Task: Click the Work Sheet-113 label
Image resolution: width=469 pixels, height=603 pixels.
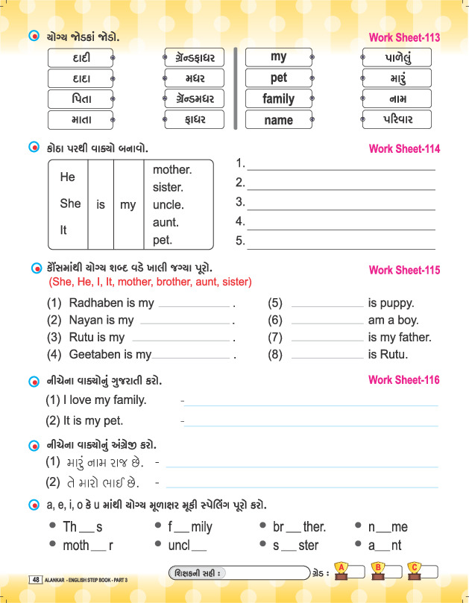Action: (x=404, y=38)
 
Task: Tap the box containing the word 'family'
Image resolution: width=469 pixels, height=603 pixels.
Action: (x=278, y=98)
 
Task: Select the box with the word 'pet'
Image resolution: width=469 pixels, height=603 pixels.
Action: (x=278, y=78)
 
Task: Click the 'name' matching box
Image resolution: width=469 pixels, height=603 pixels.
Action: (x=278, y=120)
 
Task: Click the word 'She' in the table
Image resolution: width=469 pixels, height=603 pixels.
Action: (x=70, y=203)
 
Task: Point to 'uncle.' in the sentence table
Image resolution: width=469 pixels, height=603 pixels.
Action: (x=168, y=205)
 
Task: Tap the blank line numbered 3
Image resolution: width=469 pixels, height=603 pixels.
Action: (x=341, y=202)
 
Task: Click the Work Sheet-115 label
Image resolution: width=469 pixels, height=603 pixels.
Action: (x=404, y=271)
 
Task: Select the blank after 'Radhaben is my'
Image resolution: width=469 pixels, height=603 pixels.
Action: (x=194, y=304)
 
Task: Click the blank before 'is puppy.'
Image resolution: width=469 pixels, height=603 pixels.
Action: (x=327, y=304)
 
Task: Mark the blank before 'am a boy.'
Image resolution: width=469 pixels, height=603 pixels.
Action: (x=327, y=321)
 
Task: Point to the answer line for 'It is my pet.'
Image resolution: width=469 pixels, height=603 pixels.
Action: (x=311, y=422)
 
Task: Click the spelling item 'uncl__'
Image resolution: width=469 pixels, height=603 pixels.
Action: (x=187, y=546)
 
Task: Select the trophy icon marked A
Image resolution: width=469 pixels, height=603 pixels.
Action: (x=341, y=571)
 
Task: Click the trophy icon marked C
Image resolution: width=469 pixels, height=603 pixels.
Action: (x=414, y=571)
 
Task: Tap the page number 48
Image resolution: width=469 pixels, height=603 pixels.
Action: (x=36, y=579)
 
